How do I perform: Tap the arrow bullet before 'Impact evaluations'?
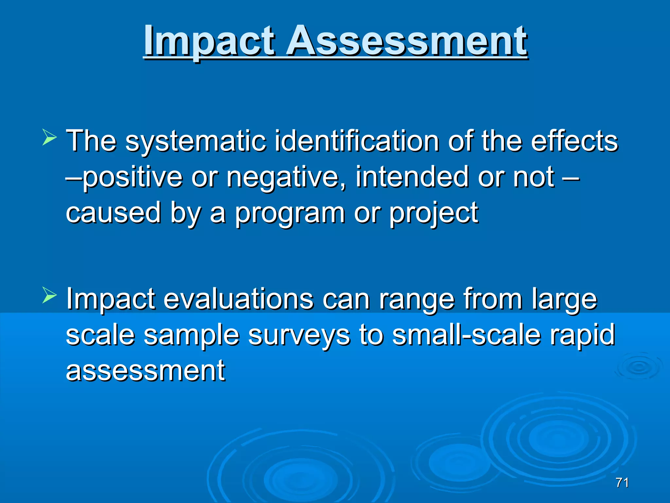[49, 294]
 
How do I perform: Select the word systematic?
[195, 141]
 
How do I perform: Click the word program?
[290, 214]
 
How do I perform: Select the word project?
[434, 214]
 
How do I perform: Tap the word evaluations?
[238, 299]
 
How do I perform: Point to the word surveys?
[299, 335]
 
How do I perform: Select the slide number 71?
[622, 483]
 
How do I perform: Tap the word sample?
[191, 335]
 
